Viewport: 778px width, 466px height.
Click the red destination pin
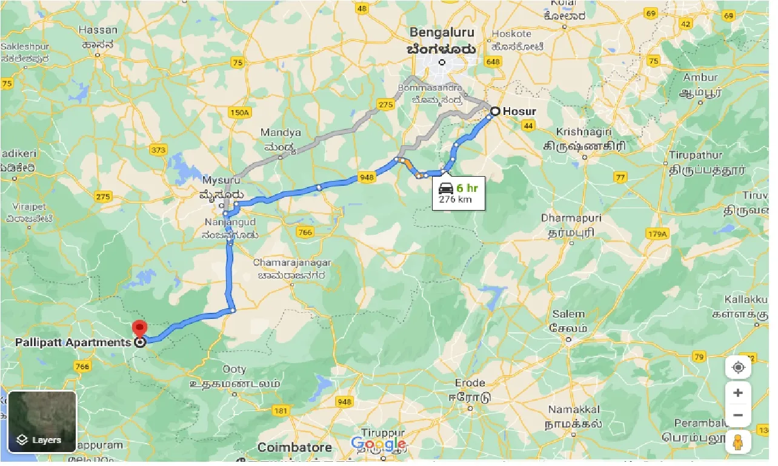140,329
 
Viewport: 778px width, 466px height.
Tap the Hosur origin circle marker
495,111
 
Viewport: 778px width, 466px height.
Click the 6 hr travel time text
467,188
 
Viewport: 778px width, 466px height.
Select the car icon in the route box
446,188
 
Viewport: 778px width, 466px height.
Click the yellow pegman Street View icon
737,442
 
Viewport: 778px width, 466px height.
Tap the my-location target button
737,367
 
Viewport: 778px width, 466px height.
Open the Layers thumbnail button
42,422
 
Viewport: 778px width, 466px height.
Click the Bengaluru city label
442,32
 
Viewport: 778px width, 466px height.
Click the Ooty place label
234,369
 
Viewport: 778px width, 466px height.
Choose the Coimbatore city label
294,448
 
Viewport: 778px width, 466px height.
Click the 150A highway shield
240,113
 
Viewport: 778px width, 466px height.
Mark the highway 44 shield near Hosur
528,125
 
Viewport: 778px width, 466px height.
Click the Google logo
377,444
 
